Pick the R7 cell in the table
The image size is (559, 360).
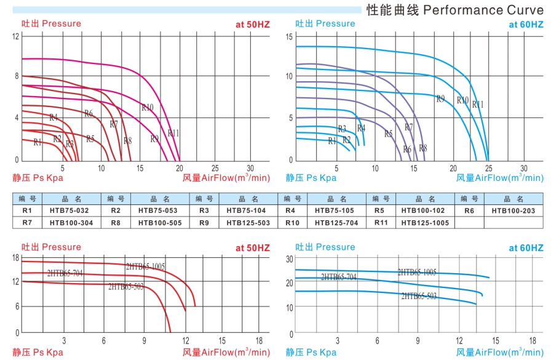[x=26, y=222]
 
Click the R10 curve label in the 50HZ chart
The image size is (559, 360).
[x=148, y=108]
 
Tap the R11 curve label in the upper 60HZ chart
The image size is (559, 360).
[x=478, y=105]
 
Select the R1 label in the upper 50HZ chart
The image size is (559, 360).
[x=38, y=142]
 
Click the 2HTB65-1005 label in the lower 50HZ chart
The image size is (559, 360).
[x=146, y=266]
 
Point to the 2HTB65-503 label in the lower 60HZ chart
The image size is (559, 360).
[x=419, y=296]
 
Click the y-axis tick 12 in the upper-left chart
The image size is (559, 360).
[x=16, y=36]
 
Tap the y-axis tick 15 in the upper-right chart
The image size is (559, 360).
[x=288, y=37]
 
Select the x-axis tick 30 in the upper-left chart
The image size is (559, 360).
[x=250, y=168]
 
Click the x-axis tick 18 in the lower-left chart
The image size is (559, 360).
[x=259, y=340]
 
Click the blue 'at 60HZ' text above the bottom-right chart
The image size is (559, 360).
[x=526, y=247]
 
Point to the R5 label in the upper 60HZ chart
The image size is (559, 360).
[x=388, y=134]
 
